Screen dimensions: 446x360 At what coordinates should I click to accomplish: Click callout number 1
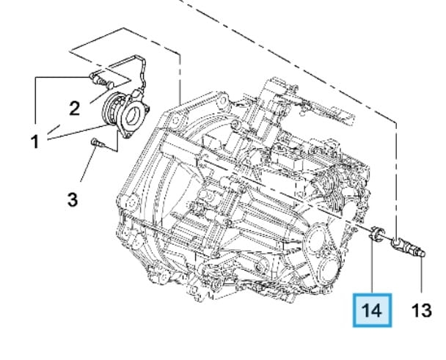pyautogui.click(x=34, y=142)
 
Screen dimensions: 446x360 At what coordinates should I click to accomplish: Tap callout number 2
pyautogui.click(x=75, y=109)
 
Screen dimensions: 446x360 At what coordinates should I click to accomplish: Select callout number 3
pyautogui.click(x=73, y=199)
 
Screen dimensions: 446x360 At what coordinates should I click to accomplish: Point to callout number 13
pyautogui.click(x=422, y=310)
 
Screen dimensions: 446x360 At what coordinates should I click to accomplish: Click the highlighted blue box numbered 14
pyautogui.click(x=373, y=311)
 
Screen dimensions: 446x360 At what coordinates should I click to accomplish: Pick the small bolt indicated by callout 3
pyautogui.click(x=98, y=143)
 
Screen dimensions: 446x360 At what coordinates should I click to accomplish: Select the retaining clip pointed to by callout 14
pyautogui.click(x=376, y=234)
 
